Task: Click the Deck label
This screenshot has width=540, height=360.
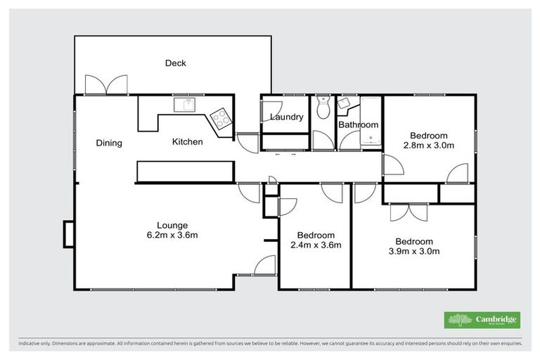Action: coord(175,63)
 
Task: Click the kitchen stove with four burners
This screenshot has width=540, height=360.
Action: coord(221,118)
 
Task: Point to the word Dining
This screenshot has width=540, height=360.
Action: coord(109,143)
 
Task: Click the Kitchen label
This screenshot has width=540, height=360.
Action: coord(188,142)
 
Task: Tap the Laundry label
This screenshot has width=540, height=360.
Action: coord(286,117)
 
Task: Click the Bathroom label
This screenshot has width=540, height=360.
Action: coord(358,126)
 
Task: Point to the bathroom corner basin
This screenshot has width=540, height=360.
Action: coord(345,105)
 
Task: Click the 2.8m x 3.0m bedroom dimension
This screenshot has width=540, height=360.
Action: coord(429,146)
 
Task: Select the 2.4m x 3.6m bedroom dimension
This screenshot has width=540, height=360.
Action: coord(315,245)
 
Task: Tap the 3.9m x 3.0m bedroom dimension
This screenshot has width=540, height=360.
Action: coord(413,250)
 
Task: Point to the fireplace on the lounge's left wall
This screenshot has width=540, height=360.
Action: coord(68,233)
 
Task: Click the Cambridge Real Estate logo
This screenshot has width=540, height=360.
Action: coord(482,320)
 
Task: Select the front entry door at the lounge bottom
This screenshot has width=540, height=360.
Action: coord(263,266)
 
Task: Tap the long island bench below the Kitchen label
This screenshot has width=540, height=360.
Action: coord(184,171)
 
